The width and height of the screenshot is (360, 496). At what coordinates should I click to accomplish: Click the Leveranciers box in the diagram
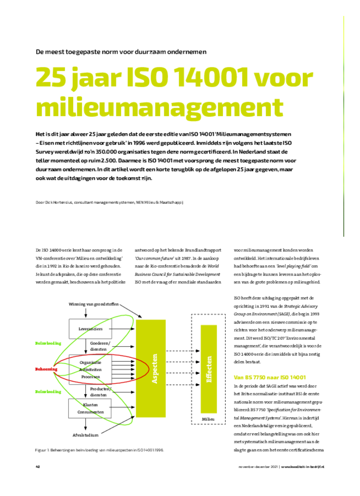click(90, 329)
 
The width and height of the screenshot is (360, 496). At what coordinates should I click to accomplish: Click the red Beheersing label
click(47, 369)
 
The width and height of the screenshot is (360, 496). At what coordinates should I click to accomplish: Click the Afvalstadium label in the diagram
click(86, 434)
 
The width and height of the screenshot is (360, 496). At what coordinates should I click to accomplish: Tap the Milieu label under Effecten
click(208, 418)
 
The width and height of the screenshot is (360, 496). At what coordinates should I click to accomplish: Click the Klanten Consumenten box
click(90, 408)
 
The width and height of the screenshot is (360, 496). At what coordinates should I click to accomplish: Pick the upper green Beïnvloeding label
click(48, 343)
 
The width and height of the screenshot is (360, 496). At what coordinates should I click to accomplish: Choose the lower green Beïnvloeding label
click(48, 391)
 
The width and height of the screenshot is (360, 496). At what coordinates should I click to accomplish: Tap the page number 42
click(38, 467)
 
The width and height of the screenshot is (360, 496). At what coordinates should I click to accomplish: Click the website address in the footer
click(302, 467)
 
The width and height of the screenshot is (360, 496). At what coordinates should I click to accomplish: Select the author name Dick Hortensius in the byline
click(57, 201)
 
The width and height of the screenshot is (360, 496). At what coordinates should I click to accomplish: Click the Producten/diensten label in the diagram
click(101, 391)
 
